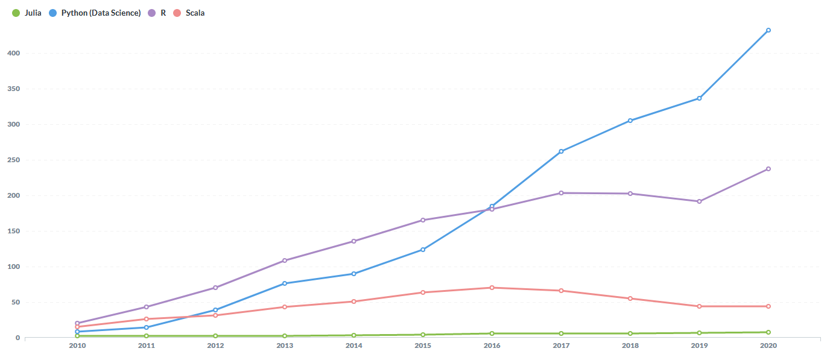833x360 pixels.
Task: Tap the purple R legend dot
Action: [x=152, y=13]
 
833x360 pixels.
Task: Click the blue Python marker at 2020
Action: [x=768, y=30]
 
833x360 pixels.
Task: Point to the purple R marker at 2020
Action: [x=768, y=169]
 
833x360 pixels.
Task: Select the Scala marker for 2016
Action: [x=492, y=288]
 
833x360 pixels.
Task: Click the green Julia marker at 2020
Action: [x=768, y=332]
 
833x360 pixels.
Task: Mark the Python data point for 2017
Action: [x=561, y=151]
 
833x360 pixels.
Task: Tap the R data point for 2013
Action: [x=285, y=261]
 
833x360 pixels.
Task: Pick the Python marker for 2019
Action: [x=699, y=98]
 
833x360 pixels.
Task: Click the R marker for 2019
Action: [x=699, y=201]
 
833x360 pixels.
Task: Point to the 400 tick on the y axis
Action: [x=14, y=53]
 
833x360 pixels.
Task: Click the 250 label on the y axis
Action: [x=14, y=160]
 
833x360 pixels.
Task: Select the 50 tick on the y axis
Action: [x=16, y=302]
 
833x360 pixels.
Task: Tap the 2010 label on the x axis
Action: [x=77, y=346]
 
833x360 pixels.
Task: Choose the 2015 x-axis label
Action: [x=423, y=346]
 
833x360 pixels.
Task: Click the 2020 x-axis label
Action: [x=768, y=346]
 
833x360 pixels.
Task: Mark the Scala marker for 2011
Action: [x=147, y=319]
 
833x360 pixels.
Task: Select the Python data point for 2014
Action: [x=353, y=274]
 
